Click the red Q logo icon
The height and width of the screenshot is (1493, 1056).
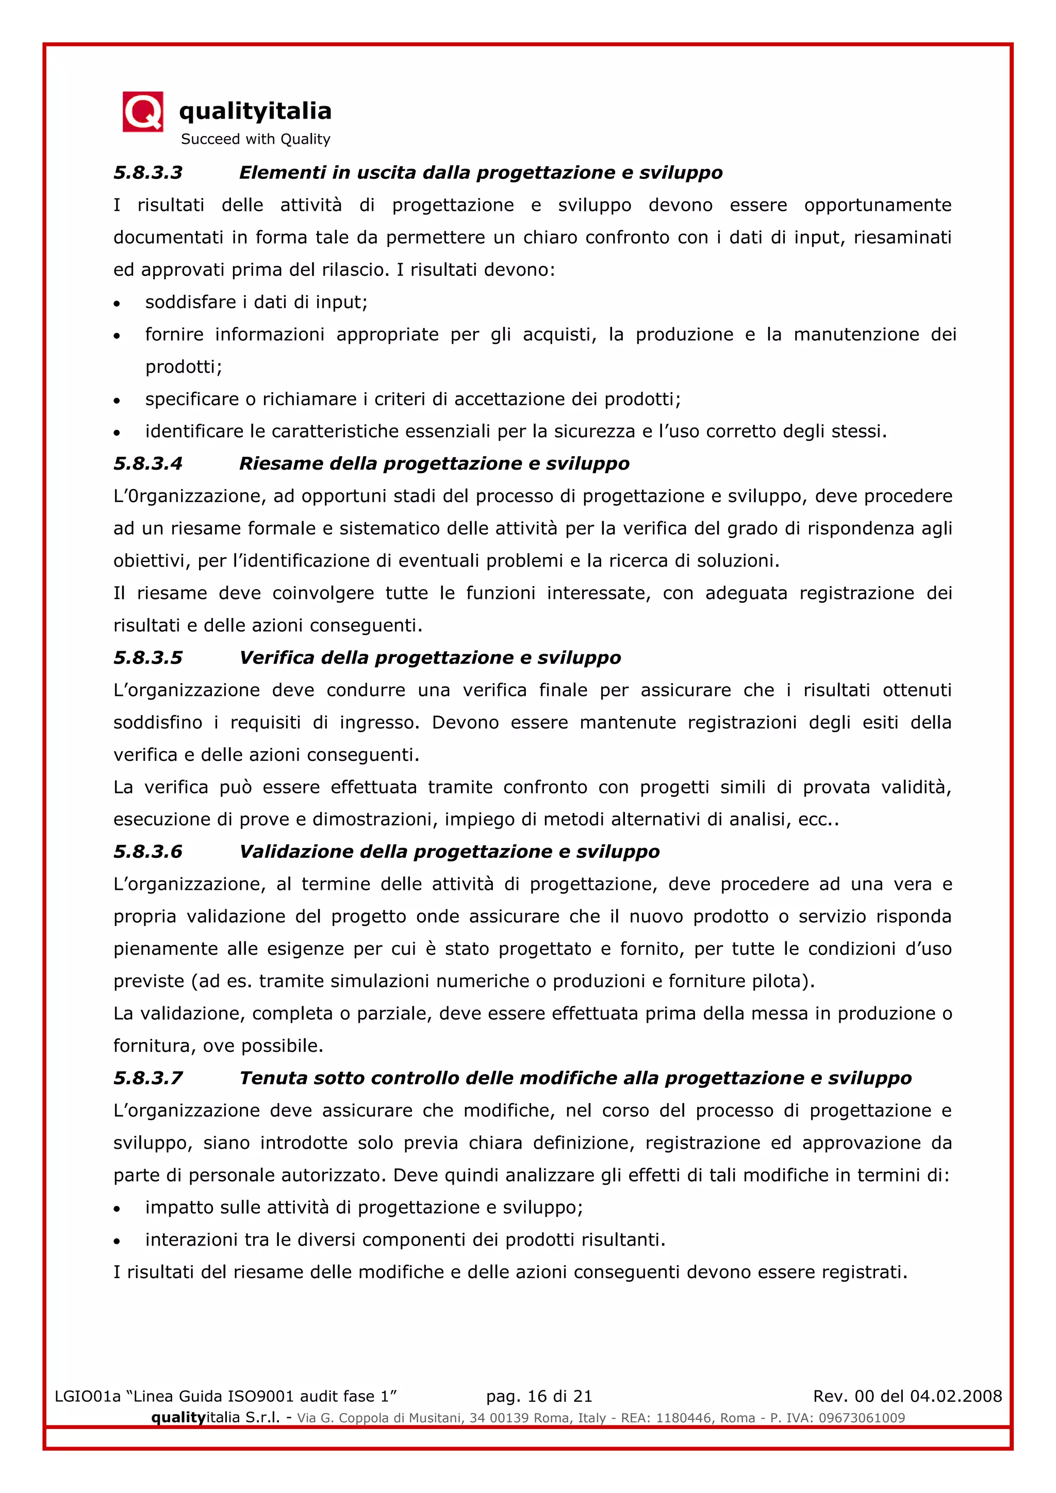click(x=143, y=112)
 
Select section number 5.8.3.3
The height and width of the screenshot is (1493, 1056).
click(x=148, y=173)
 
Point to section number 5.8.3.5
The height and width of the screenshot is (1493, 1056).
click(x=148, y=658)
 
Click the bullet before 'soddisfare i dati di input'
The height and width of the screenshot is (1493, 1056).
click(x=117, y=304)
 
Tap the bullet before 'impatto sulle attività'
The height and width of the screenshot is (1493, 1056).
click(x=117, y=1209)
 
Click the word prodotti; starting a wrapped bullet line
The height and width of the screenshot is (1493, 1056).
click(x=184, y=368)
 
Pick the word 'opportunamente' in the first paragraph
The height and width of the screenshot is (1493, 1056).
click(x=877, y=206)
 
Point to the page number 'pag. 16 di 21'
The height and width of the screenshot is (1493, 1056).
click(x=539, y=1396)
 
